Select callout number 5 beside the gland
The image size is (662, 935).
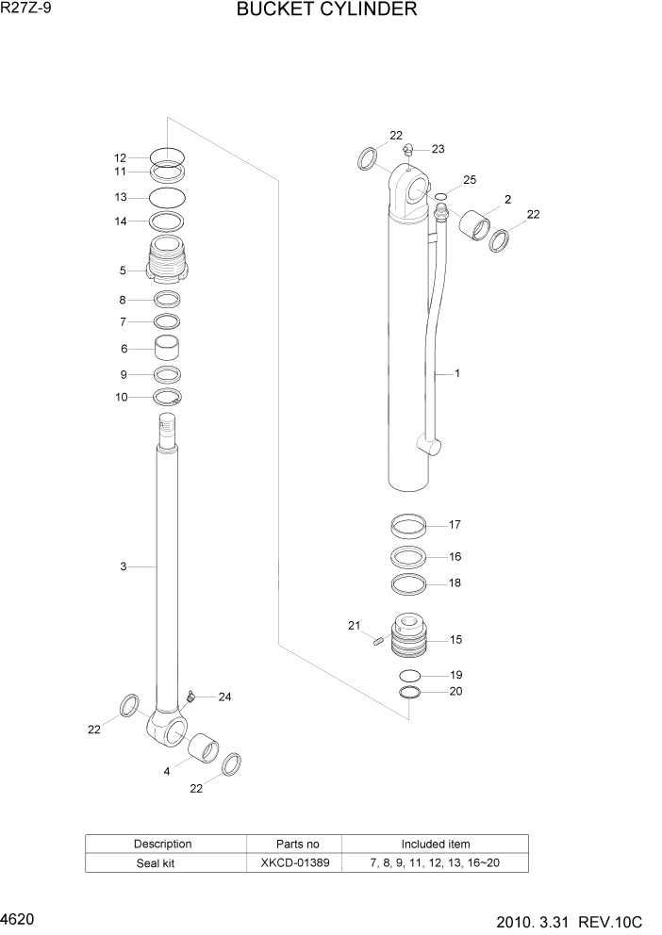tap(123, 271)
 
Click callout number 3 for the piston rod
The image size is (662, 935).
tap(123, 566)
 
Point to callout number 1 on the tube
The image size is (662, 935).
tap(457, 374)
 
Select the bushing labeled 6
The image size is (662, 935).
tap(168, 347)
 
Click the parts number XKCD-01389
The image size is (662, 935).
tap(296, 862)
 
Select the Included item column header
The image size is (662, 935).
tap(435, 844)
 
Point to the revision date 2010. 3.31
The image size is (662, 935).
tap(547, 919)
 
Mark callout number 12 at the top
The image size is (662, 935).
tap(120, 158)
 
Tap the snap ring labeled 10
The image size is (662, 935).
tap(167, 397)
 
